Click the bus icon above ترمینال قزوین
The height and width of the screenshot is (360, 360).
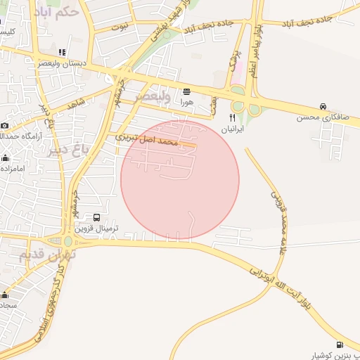coord(96,218)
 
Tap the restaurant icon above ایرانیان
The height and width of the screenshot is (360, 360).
coord(233,118)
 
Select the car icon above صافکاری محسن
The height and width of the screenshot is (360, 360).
coord(323,106)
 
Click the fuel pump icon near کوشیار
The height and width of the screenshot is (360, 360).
coord(340,345)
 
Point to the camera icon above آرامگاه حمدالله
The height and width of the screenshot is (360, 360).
coord(5,125)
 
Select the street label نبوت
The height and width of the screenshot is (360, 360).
coord(120,27)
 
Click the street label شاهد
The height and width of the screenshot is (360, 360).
coord(76,103)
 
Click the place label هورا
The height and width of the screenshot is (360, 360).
coord(186,102)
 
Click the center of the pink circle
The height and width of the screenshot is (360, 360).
coord(180,180)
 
